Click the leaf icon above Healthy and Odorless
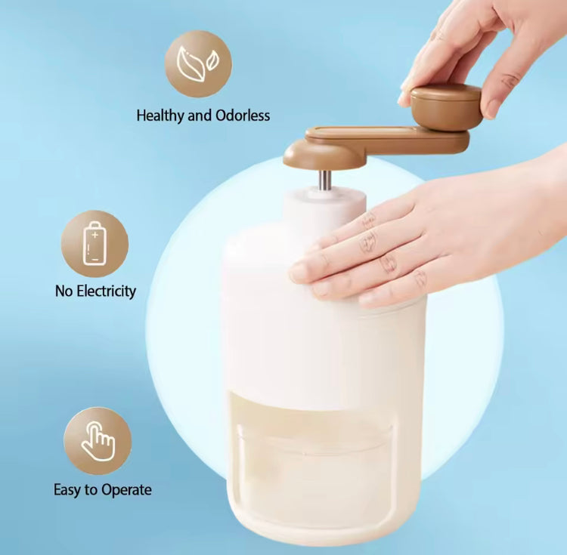[x=198, y=63]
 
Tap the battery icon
[x=94, y=244]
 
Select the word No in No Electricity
[x=64, y=291]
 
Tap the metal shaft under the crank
[x=324, y=180]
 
